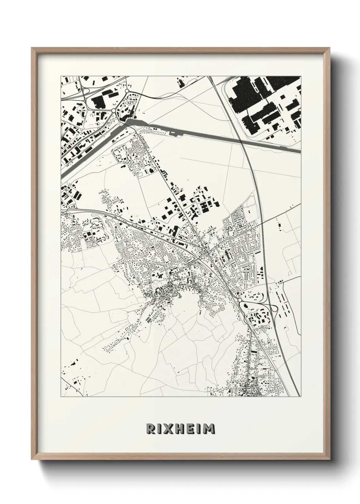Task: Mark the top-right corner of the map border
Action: point(301,76)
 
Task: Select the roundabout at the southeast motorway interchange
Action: point(240,300)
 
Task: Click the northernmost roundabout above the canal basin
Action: point(127,91)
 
